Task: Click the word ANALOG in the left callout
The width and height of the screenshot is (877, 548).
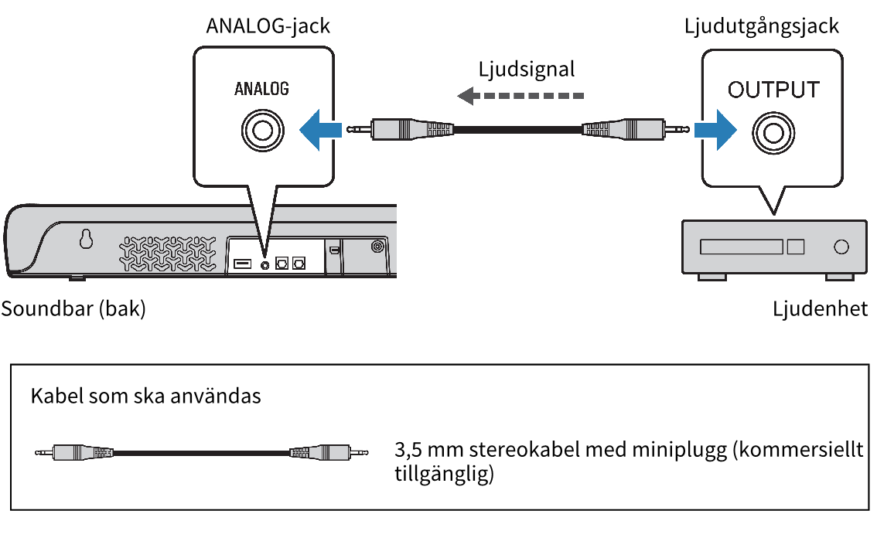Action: [261, 89]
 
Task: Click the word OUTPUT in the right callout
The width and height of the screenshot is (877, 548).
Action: [773, 90]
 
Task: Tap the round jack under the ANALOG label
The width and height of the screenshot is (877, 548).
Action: [262, 130]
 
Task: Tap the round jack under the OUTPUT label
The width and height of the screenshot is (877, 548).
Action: [773, 134]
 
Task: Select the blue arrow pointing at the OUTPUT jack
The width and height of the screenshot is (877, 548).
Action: [713, 130]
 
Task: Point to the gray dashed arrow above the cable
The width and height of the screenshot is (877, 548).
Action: [520, 96]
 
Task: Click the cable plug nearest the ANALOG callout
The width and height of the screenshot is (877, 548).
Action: [402, 129]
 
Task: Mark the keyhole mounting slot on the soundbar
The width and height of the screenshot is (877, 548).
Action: [86, 241]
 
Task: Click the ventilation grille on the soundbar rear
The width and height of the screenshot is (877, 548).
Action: [169, 252]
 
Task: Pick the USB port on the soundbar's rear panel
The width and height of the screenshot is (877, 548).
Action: [242, 264]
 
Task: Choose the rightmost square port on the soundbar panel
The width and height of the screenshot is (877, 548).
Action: [299, 264]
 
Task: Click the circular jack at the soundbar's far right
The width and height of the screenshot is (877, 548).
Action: [377, 247]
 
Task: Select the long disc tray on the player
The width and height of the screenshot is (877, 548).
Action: [742, 247]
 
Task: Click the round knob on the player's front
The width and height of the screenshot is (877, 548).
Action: [841, 247]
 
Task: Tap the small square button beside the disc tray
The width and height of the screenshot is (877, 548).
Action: [795, 247]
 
